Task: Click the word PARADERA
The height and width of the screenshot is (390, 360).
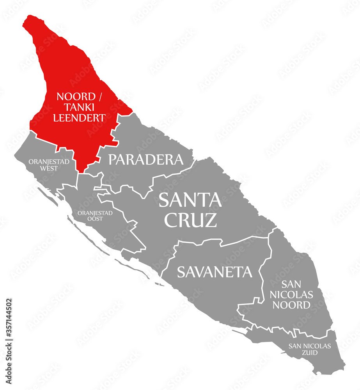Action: pyautogui.click(x=145, y=159)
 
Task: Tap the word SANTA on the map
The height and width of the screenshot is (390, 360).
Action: pyautogui.click(x=190, y=200)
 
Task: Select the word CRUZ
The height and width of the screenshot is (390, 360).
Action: pyautogui.click(x=190, y=220)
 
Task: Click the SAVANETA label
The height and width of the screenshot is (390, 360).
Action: pyautogui.click(x=215, y=272)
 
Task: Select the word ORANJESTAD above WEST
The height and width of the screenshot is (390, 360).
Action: pyautogui.click(x=49, y=162)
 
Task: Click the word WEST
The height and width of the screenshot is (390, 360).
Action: pyautogui.click(x=49, y=168)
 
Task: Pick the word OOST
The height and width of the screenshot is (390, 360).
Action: pyautogui.click(x=95, y=219)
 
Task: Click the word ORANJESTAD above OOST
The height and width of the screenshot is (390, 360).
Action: pyautogui.click(x=95, y=213)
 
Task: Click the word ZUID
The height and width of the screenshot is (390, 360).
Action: pyautogui.click(x=310, y=353)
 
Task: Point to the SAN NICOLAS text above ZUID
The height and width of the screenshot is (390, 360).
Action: pyautogui.click(x=310, y=346)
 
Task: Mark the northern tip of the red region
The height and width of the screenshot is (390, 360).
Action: pyautogui.click(x=27, y=18)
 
